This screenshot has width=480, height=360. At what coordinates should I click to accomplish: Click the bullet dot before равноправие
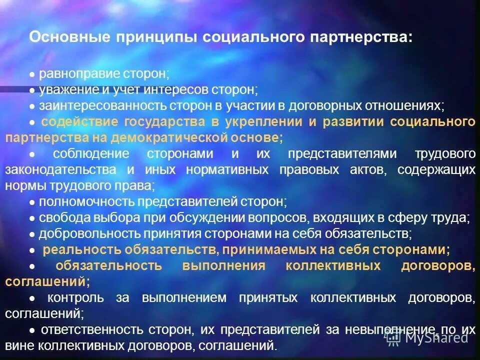click(31, 75)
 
